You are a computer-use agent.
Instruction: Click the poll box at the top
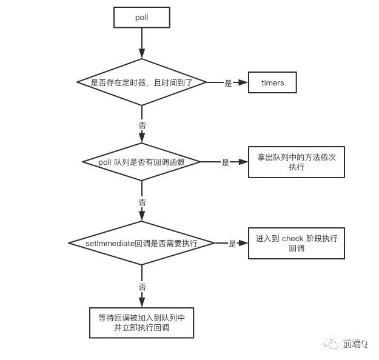click(141, 18)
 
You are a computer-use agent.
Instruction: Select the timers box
click(272, 82)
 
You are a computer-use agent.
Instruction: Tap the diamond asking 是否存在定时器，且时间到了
click(141, 82)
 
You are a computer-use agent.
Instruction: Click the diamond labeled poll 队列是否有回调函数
click(141, 162)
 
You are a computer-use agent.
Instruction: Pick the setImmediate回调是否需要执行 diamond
click(141, 243)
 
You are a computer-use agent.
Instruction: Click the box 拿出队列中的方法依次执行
click(297, 162)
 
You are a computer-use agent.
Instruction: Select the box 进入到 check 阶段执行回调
click(297, 243)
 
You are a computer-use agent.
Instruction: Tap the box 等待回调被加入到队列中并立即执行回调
click(141, 322)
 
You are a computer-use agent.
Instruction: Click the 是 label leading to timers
click(228, 83)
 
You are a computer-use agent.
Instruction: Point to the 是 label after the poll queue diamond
click(225, 162)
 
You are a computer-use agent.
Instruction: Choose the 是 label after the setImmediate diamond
click(232, 244)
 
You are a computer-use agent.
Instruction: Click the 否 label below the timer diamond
click(142, 124)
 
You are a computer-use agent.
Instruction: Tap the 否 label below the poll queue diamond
click(142, 202)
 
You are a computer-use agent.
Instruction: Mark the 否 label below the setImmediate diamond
click(142, 286)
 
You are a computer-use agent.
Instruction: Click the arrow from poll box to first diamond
click(141, 42)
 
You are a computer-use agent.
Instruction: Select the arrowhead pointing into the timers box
click(244, 82)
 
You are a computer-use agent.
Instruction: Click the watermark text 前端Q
click(355, 344)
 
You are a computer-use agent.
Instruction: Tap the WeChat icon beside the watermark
click(334, 344)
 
